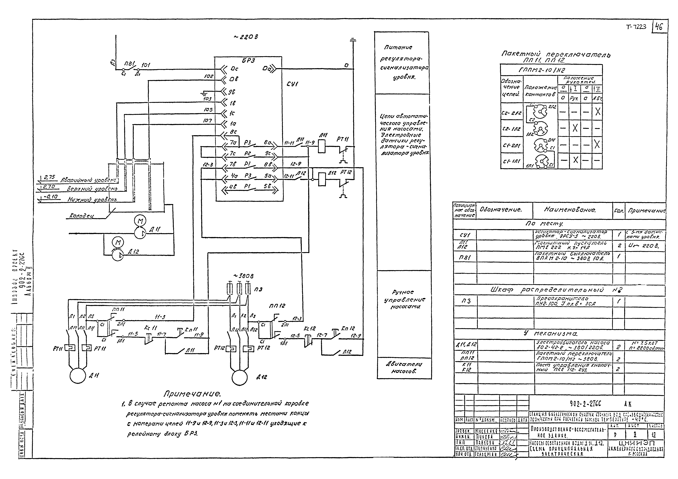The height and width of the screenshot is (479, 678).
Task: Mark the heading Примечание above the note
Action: point(192,394)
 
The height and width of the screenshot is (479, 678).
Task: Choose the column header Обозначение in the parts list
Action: point(501,210)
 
